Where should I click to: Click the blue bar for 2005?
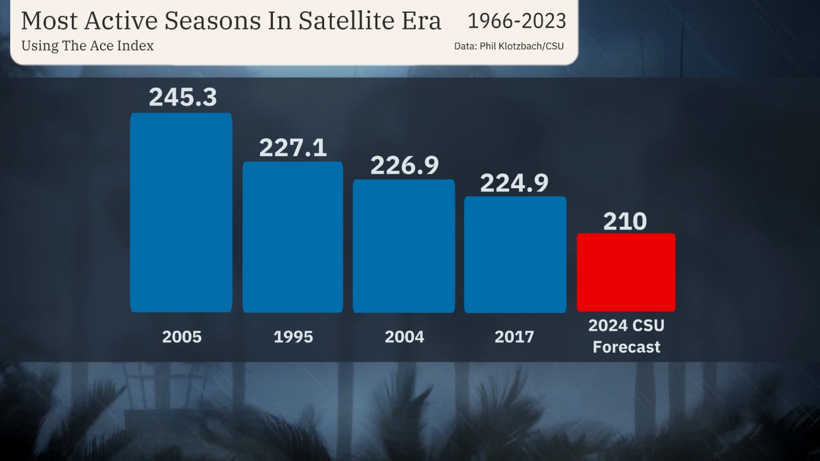click(181, 213)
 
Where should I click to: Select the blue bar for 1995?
click(293, 237)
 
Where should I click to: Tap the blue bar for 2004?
click(404, 246)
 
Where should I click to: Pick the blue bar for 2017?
click(515, 254)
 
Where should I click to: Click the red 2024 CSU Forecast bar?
click(626, 272)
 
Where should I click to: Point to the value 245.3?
click(183, 97)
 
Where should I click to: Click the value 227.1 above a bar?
click(293, 147)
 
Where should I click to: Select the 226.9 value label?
click(404, 165)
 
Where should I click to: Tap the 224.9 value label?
click(514, 183)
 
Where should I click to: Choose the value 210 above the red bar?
click(625, 222)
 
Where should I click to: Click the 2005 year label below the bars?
click(182, 337)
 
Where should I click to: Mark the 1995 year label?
click(293, 337)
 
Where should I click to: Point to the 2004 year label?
click(404, 337)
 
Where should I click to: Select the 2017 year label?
click(514, 337)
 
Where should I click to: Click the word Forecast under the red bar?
click(626, 348)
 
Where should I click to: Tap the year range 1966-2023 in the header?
click(517, 21)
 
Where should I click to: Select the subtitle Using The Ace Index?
click(87, 46)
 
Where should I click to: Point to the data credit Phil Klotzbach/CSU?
click(521, 46)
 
